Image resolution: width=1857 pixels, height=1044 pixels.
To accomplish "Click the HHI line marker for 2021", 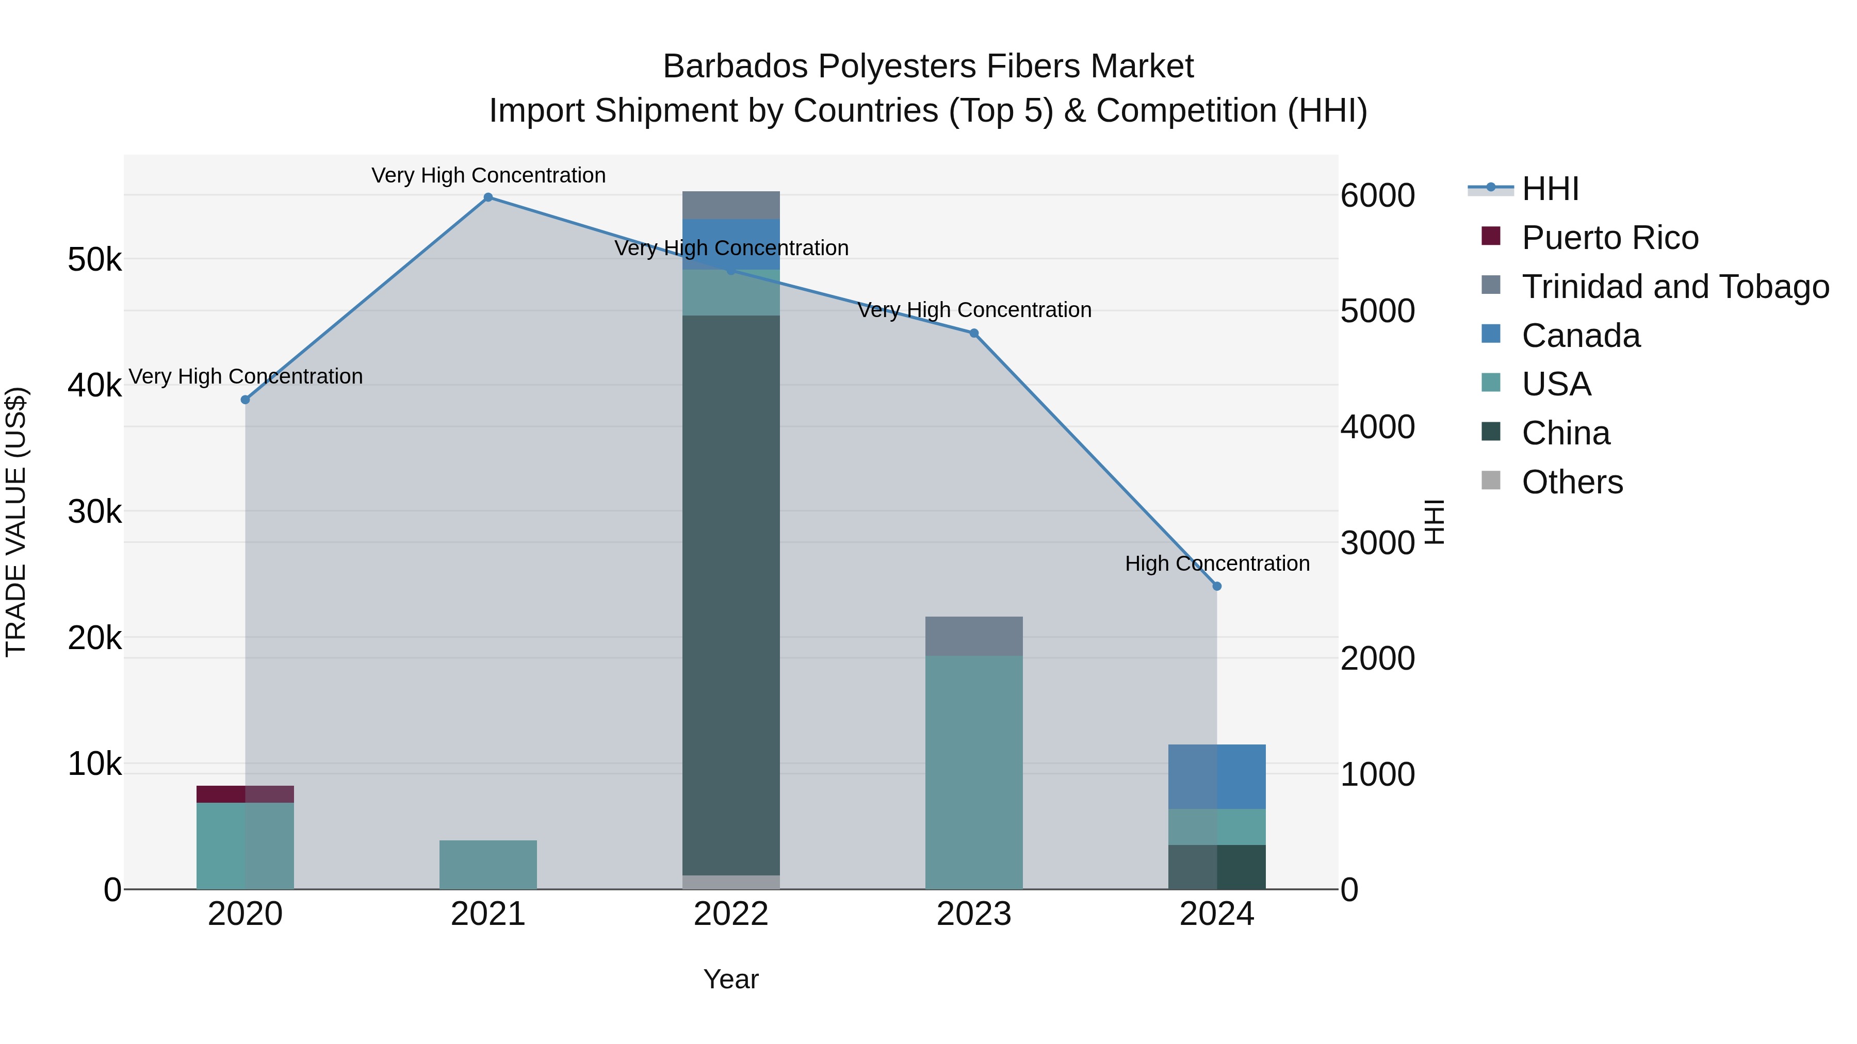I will (x=488, y=197).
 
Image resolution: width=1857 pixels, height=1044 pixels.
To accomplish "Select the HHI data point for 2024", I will (x=1217, y=587).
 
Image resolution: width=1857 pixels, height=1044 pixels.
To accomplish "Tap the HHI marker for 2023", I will (x=974, y=334).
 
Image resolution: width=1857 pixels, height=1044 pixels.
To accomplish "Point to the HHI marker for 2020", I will (x=245, y=400).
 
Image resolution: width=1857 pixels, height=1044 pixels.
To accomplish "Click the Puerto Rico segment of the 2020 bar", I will (x=245, y=794).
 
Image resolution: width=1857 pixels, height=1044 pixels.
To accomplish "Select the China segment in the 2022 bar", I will (x=731, y=594).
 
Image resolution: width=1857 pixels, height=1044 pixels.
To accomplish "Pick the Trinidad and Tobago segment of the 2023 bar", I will (x=974, y=636).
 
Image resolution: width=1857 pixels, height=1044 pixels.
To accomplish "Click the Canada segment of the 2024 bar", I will (x=1217, y=777).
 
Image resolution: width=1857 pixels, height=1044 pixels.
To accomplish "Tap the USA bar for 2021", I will (x=488, y=865).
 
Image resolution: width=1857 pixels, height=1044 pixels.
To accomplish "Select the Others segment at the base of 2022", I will (x=731, y=883).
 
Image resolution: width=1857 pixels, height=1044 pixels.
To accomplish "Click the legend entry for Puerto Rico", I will (x=1610, y=238).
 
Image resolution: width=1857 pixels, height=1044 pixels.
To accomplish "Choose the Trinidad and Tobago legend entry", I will (x=1674, y=287).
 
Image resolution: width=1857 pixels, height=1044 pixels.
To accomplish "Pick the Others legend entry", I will (x=1572, y=482).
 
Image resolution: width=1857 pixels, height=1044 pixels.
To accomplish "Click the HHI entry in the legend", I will (x=1550, y=189).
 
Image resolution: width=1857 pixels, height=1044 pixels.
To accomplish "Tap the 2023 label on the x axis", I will (x=974, y=914).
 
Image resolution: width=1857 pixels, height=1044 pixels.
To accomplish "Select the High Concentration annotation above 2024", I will (x=1217, y=564).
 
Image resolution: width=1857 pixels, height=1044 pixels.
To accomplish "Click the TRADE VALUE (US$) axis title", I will (x=16, y=522).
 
